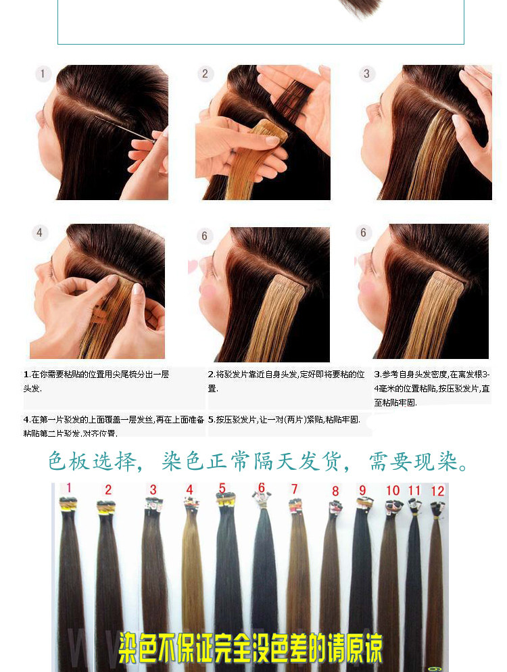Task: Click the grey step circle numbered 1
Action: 44,74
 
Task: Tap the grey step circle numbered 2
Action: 206,74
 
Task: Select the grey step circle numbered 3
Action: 367,74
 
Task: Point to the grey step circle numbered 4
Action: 40,233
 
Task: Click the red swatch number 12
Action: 438,491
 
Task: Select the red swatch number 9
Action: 362,490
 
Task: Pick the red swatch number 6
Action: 261,488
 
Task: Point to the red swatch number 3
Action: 153,489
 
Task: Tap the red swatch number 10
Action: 393,490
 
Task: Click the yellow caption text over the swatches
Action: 251,648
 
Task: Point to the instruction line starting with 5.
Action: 284,420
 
